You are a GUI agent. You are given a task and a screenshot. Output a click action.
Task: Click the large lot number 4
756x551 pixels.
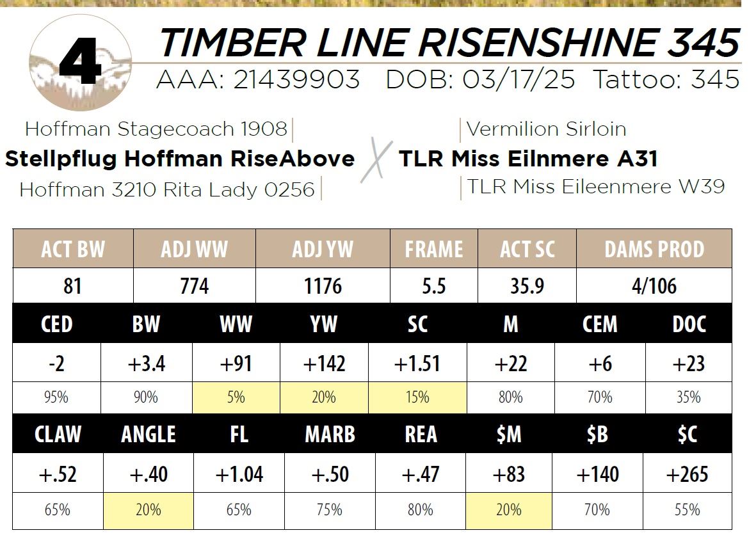(79, 63)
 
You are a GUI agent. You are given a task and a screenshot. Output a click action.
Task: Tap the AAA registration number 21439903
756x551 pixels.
(296, 80)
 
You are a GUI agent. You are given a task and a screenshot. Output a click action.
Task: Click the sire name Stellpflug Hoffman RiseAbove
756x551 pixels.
(180, 159)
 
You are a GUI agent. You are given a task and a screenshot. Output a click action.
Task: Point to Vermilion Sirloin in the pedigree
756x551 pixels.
(546, 129)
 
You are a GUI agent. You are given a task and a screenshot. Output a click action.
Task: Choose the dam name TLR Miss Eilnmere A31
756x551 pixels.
(528, 159)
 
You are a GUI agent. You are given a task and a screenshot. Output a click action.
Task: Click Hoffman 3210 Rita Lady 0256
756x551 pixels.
(167, 189)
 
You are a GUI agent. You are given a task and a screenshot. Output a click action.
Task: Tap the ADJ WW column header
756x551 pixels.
(194, 249)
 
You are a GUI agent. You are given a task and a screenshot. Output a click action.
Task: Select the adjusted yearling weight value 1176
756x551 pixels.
(323, 285)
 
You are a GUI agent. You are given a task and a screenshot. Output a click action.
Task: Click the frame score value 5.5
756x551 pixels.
(433, 285)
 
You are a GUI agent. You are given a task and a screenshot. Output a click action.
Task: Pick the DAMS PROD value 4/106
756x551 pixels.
(654, 285)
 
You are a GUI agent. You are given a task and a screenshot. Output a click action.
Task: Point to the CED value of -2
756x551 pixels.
(56, 363)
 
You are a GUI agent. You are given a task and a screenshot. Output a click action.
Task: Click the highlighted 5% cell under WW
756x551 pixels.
(236, 397)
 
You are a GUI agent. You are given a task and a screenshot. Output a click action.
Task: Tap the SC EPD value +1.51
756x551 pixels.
(417, 363)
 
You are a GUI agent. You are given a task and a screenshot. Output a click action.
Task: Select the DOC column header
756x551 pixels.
(689, 324)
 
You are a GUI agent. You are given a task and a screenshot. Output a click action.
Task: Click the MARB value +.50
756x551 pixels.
(330, 474)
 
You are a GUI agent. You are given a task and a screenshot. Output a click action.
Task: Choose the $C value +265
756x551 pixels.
(687, 474)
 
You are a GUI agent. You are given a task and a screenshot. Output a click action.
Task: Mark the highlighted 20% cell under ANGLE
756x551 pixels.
(149, 510)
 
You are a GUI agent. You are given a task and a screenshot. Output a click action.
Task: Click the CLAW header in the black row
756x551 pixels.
(57, 435)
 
